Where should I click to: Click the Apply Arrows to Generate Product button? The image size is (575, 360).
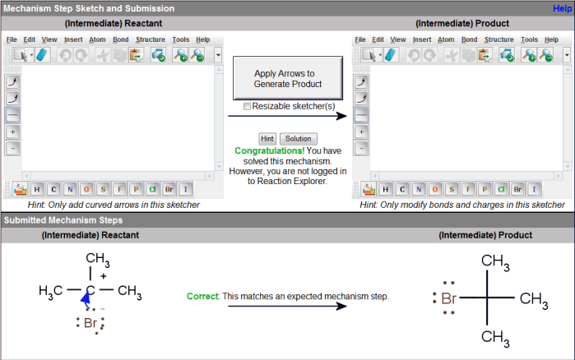click(x=288, y=78)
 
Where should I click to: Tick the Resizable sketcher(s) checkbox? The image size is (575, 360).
click(x=247, y=106)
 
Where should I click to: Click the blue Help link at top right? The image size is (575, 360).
click(x=562, y=8)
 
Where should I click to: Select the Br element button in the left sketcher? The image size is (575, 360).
click(x=169, y=189)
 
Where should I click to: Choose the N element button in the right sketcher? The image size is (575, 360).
click(x=419, y=189)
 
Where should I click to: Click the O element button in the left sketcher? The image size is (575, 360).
click(x=86, y=189)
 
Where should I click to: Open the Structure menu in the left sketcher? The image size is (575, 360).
click(x=151, y=39)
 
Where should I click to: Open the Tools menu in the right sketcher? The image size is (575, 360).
click(x=529, y=39)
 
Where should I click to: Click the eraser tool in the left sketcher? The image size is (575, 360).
click(x=43, y=55)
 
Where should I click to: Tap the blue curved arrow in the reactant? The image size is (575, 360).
click(x=86, y=298)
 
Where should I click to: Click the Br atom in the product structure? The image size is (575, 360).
click(x=448, y=298)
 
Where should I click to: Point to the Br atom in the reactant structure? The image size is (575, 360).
click(x=90, y=323)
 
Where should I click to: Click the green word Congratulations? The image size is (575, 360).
click(x=270, y=151)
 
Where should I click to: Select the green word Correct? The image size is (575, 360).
click(x=202, y=296)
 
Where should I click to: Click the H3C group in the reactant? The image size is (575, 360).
click(x=51, y=291)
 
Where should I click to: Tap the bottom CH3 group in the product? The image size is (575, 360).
click(x=495, y=338)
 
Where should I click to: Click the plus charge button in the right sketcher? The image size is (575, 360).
click(x=361, y=132)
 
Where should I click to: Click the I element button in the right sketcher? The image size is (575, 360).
click(x=534, y=189)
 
